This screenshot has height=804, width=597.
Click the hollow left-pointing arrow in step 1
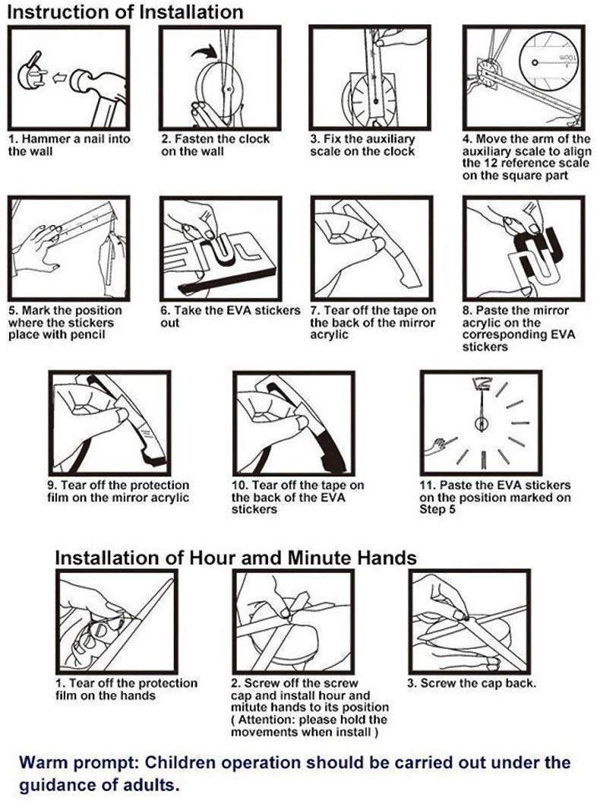[x=59, y=78]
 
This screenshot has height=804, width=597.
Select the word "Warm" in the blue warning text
[x=45, y=762]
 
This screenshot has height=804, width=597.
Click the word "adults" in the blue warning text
[x=151, y=785]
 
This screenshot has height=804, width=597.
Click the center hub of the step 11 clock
[x=482, y=424]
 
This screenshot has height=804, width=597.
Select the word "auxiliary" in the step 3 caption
[x=392, y=139]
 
